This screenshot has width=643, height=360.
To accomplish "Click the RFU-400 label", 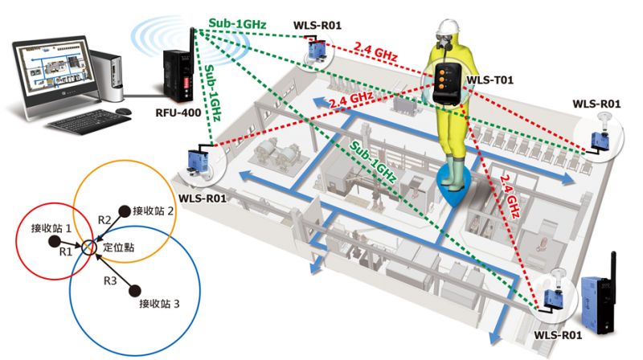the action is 178,112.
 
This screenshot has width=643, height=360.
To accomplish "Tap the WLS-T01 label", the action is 490,80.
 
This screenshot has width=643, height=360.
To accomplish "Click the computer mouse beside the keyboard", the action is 123,111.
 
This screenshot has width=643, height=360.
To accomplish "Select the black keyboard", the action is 88,121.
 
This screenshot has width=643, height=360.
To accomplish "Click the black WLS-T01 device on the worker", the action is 447,84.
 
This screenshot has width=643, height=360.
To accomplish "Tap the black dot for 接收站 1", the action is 54,241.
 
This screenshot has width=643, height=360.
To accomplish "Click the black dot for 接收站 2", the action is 124,211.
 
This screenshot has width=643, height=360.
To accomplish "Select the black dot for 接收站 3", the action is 135,291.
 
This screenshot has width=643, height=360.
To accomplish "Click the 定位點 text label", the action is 118,247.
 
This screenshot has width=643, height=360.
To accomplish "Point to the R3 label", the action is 110,281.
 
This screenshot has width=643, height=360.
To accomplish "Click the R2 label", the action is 104,220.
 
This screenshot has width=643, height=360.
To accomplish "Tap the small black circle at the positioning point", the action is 89,247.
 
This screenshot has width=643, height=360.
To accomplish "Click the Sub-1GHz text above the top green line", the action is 237,23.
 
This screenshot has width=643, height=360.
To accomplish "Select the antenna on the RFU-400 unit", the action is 190,45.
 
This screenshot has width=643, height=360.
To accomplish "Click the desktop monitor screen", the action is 52,69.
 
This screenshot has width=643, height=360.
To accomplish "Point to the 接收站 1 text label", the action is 51,228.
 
